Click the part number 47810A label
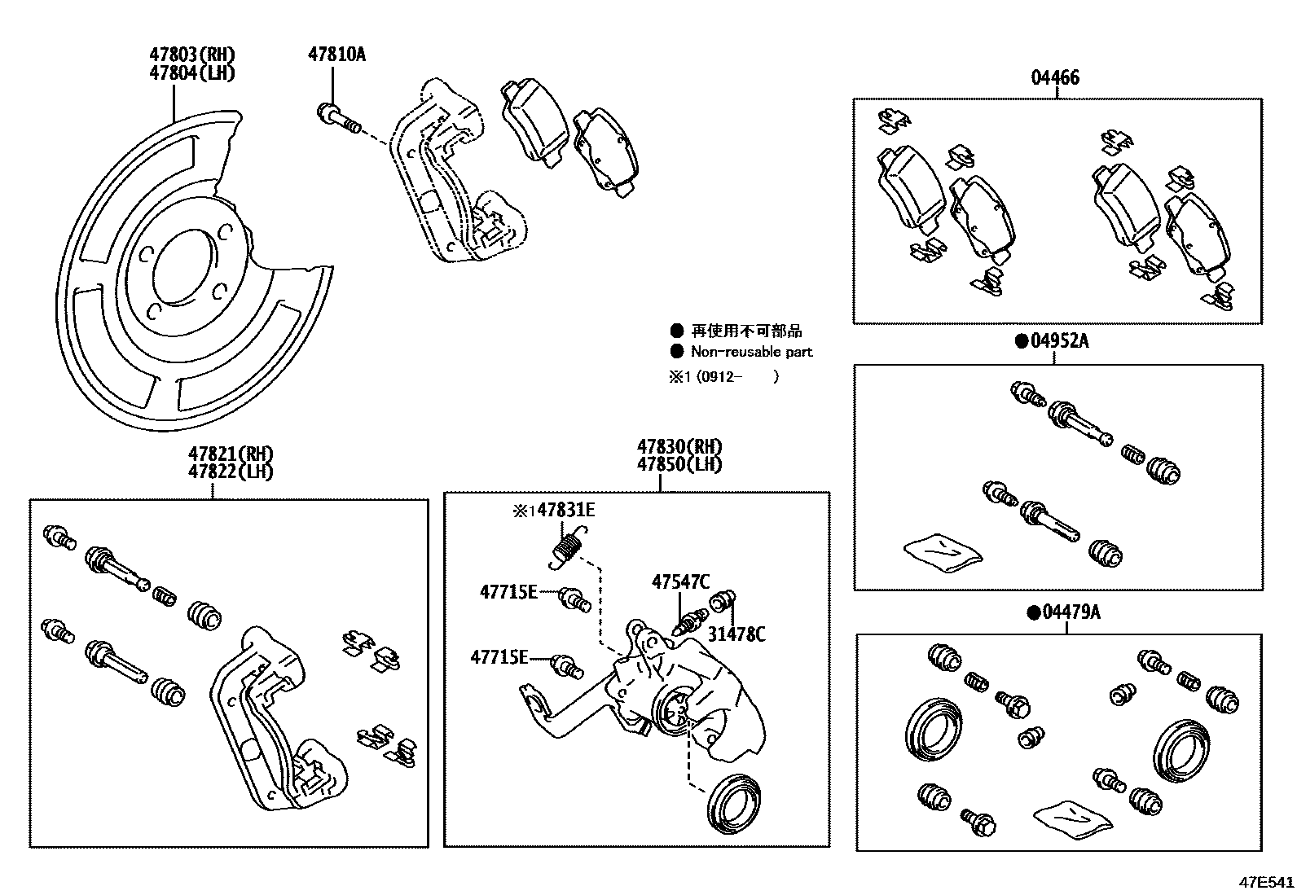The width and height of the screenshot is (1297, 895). (336, 55)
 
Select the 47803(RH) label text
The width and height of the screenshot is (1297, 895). (192, 55)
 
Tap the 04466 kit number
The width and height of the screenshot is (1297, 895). (1055, 77)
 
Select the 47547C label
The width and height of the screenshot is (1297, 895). (680, 581)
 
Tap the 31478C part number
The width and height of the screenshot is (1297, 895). (736, 634)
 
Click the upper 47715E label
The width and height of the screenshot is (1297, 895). (508, 592)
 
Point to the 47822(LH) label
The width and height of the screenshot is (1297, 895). (231, 472)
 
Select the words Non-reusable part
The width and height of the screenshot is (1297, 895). (751, 352)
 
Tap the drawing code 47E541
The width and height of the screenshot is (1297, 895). (1266, 882)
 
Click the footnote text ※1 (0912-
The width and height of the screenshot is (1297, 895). (705, 376)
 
